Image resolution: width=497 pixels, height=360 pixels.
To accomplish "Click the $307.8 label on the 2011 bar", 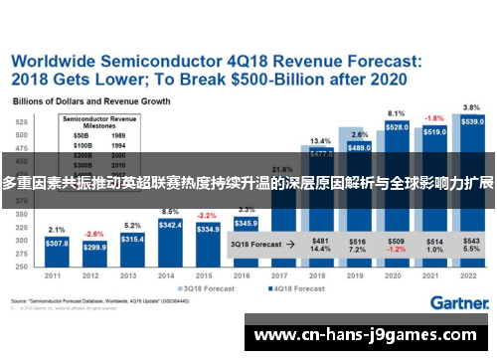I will click(x=58, y=243).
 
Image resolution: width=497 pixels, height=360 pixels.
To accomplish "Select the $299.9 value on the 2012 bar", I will click(x=94, y=246).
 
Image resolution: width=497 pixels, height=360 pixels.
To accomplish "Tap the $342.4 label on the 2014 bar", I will click(x=170, y=226).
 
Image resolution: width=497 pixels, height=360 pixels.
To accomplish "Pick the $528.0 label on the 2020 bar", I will click(x=396, y=127).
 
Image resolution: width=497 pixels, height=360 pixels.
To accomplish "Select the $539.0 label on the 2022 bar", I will click(x=473, y=120).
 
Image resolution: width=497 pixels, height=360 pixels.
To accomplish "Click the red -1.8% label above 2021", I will click(x=434, y=117).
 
